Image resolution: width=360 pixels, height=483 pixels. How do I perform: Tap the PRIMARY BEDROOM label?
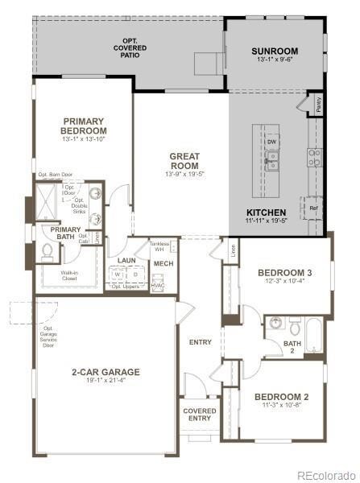pos(84,126)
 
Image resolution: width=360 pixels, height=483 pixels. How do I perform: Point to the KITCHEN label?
pos(265,213)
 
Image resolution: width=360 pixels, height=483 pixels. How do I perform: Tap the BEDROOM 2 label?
pos(282,397)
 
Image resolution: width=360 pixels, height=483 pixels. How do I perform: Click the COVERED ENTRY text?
pos(200,414)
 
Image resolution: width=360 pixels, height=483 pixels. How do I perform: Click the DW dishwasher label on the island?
pos(272,142)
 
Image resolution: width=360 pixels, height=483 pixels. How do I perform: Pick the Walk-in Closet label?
pos(69,275)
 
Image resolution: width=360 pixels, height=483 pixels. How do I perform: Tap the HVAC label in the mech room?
pos(159,285)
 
